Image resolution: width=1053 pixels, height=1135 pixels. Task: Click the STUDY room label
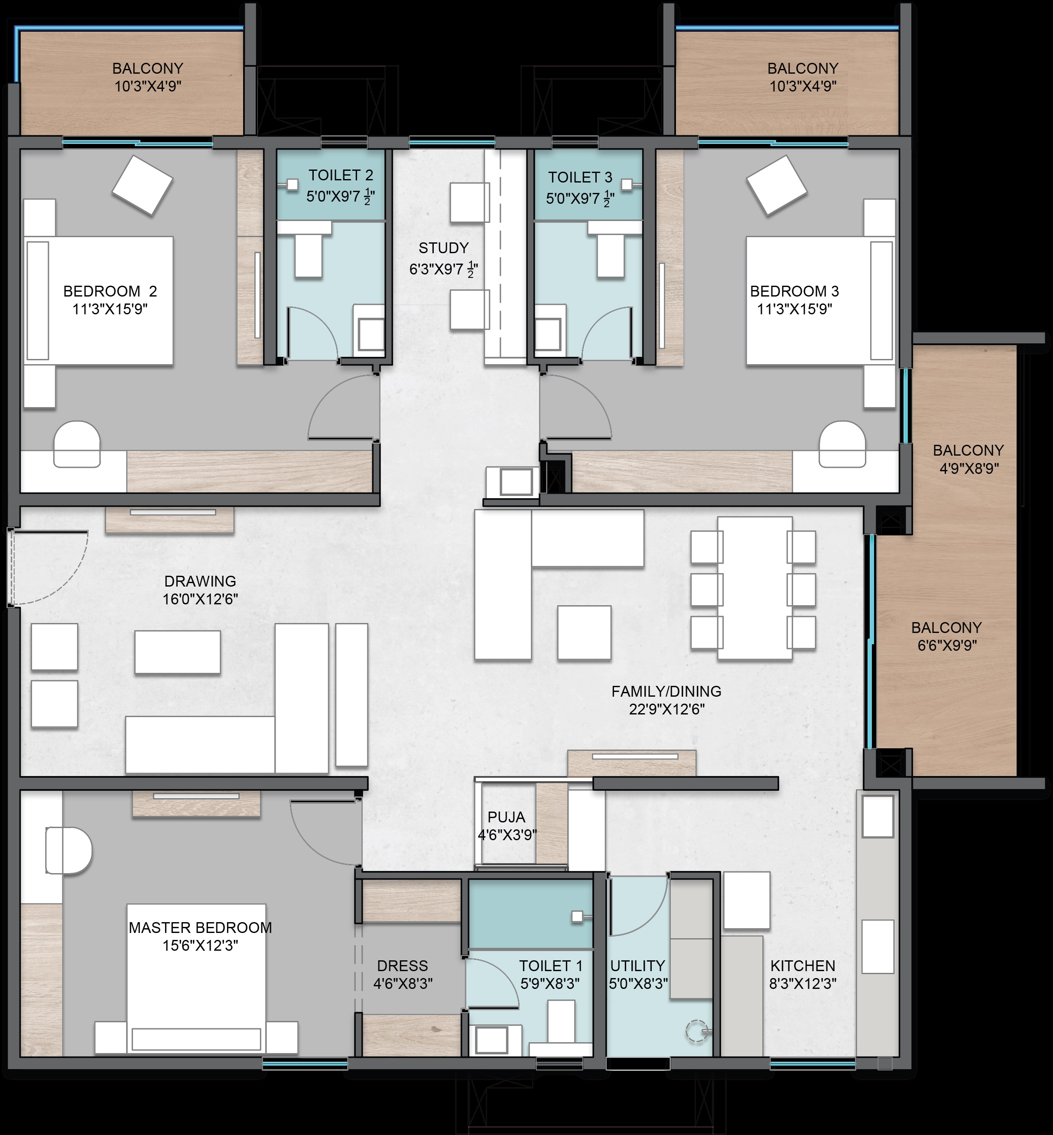pyautogui.click(x=443, y=248)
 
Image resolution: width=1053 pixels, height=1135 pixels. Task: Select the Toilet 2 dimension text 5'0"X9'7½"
pyautogui.click(x=341, y=197)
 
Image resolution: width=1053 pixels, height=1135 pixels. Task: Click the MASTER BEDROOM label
pyautogui.click(x=200, y=927)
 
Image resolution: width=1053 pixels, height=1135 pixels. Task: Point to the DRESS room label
pyautogui.click(x=402, y=965)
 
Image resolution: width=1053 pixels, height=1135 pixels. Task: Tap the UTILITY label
pyautogui.click(x=637, y=965)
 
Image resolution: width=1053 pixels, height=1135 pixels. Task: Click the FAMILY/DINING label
pyautogui.click(x=666, y=691)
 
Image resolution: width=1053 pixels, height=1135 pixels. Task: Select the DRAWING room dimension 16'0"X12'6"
pyautogui.click(x=200, y=599)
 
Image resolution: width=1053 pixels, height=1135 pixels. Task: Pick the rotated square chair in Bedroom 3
pyautogui.click(x=777, y=185)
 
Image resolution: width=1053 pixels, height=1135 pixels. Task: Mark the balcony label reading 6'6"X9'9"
pyautogui.click(x=947, y=645)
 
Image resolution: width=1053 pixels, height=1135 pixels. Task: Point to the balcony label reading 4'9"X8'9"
pyautogui.click(x=968, y=469)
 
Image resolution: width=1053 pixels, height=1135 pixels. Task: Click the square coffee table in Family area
pyautogui.click(x=585, y=633)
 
